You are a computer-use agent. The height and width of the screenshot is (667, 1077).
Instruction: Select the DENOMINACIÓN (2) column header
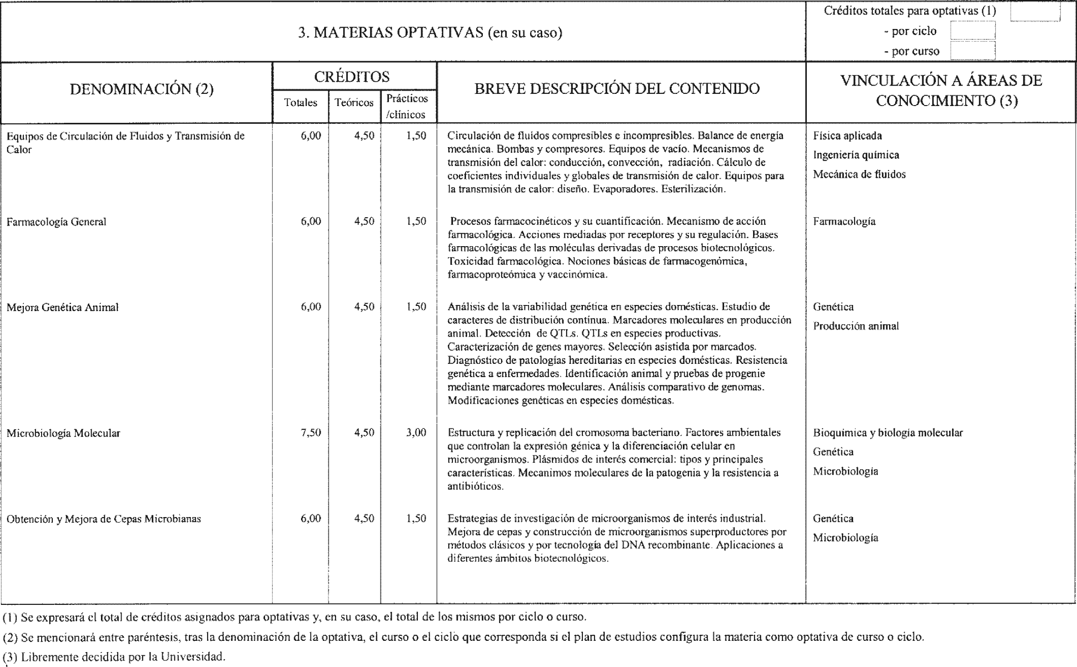click(x=142, y=89)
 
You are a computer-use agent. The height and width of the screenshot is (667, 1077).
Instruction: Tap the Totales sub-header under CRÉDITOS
click(x=301, y=103)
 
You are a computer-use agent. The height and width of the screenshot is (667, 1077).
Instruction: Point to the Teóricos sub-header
click(x=354, y=103)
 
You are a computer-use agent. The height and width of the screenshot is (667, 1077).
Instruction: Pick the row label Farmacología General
click(x=57, y=222)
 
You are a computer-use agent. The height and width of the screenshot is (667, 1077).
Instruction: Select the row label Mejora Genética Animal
click(x=63, y=307)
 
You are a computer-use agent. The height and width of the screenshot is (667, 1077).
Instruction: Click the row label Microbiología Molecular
click(x=63, y=433)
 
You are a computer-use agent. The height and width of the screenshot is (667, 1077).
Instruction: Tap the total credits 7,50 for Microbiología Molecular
click(x=311, y=433)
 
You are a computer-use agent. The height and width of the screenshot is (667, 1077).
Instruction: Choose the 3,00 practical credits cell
click(x=416, y=433)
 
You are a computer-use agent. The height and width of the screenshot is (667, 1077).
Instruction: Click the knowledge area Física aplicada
click(x=847, y=136)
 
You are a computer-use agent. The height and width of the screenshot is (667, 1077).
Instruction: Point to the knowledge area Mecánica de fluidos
click(x=859, y=174)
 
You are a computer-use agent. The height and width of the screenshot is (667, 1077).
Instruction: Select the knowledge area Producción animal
click(x=856, y=326)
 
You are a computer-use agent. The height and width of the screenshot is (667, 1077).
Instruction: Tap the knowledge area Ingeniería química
click(x=856, y=155)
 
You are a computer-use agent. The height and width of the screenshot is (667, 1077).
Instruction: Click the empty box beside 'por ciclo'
click(x=972, y=31)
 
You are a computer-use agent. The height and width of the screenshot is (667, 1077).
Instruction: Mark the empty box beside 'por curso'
click(x=972, y=51)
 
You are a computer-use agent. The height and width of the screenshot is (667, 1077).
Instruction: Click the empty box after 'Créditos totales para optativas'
click(x=1034, y=12)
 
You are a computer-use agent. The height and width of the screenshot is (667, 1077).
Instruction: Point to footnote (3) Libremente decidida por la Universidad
click(x=114, y=656)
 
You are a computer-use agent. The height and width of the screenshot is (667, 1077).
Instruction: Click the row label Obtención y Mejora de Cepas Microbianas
click(x=104, y=518)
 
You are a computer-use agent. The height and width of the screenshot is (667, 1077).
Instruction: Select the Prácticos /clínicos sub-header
click(x=407, y=106)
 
